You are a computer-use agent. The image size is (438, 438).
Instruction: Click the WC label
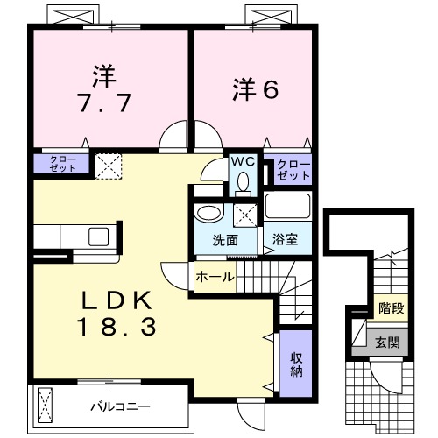pyautogui.click(x=242, y=162)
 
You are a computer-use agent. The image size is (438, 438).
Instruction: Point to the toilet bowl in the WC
pyautogui.click(x=243, y=182)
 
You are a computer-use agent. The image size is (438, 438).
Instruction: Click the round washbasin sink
pyautogui.click(x=208, y=214)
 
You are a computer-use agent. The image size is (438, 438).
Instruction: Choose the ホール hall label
pyautogui.click(x=215, y=277)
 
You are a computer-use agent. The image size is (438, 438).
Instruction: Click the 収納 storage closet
pyautogui.click(x=297, y=363)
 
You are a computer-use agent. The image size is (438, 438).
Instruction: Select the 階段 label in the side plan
pyautogui.click(x=390, y=308)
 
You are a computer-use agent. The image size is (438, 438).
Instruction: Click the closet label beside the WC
pyautogui.click(x=292, y=169)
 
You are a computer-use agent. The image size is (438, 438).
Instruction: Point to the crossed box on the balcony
pyautogui.click(x=48, y=405)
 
